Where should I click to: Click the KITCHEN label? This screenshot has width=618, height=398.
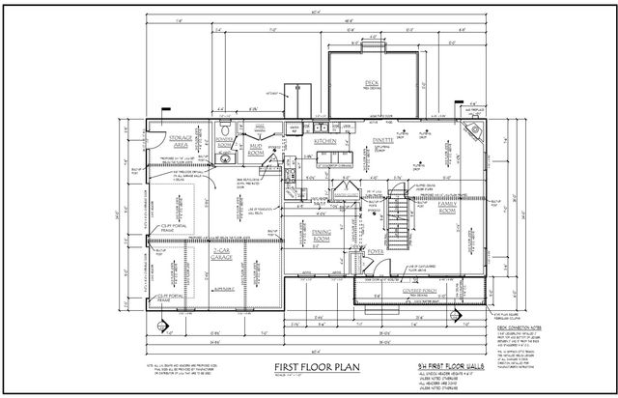324,141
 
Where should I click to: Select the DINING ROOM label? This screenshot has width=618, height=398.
323,235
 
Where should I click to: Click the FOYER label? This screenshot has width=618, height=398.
374,253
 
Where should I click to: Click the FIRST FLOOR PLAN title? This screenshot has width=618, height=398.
307,368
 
